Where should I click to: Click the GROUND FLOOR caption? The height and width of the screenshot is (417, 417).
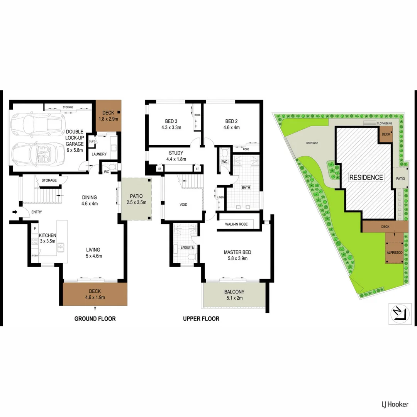point(95,319)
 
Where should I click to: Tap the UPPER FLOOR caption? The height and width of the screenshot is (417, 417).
point(201,319)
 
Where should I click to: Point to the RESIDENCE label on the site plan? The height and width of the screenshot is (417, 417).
point(366,178)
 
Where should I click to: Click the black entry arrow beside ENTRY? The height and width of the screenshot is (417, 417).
point(15,212)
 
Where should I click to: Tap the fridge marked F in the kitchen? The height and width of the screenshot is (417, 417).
point(35,229)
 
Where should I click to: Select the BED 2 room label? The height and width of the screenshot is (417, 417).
point(231,121)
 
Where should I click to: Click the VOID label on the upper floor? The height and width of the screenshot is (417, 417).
point(183,205)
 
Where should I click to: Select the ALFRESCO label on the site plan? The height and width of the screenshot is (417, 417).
point(394,252)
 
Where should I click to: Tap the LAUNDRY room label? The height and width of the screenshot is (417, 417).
point(99,154)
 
